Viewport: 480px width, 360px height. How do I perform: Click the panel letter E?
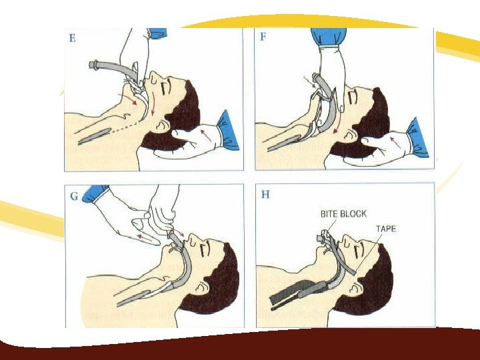point(73,38)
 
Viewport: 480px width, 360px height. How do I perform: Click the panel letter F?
point(263,37)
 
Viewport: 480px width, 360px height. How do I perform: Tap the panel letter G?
point(74,196)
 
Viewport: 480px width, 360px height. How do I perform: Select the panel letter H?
point(265,194)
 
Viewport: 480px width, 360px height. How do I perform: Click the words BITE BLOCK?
point(343,214)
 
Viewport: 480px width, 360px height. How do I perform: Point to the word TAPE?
point(386,229)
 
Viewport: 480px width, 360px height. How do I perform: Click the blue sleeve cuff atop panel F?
point(329,37)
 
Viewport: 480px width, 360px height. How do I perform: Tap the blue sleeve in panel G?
point(95,193)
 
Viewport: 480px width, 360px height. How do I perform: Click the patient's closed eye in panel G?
point(203,251)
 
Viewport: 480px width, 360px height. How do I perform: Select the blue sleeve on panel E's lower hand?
point(228,131)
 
